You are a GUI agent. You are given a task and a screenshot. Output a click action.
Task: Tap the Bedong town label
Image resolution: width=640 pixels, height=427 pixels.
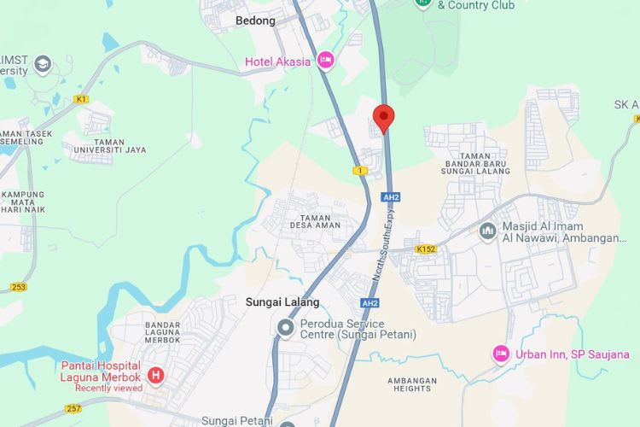click(255, 20)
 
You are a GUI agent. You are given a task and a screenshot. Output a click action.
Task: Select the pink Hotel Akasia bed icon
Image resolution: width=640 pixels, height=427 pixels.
click(324, 60)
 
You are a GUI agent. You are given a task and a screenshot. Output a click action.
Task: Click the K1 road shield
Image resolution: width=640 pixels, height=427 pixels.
click(81, 99)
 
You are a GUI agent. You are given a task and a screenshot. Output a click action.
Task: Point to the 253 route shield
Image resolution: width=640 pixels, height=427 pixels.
click(18, 287)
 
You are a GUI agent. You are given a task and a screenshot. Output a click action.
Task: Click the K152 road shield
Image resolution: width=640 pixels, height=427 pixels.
click(425, 249)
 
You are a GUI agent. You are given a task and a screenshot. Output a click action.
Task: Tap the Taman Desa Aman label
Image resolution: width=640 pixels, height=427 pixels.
click(314, 219)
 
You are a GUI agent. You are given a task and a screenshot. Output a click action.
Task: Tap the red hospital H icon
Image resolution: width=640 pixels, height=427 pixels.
click(155, 374)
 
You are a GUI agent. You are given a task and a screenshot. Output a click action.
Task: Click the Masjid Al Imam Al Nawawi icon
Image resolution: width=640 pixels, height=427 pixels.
click(487, 231)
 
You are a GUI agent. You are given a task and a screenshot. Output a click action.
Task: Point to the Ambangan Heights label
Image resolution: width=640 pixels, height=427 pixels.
click(412, 384)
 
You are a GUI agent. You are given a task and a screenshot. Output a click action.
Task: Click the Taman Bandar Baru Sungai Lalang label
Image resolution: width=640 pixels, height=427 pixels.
click(475, 163)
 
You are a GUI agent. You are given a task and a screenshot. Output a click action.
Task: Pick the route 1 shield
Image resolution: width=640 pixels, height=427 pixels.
click(360, 171)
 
